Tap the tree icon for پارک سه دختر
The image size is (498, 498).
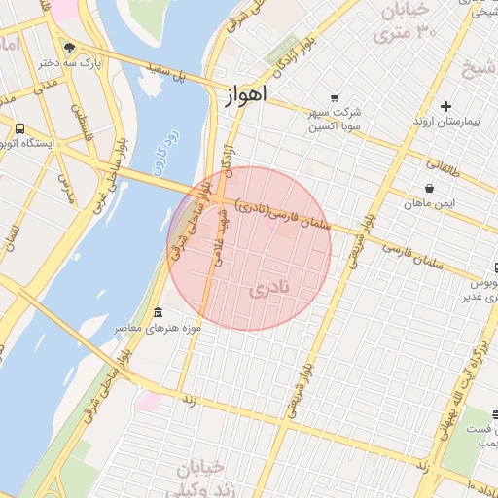[69, 47]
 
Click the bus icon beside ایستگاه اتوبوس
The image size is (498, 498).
[19, 128]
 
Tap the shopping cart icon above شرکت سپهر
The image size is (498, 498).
[335, 98]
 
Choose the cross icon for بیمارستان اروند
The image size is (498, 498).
[445, 105]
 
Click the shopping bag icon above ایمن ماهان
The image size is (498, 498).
[429, 188]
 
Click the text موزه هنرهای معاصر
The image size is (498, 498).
[159, 328]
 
